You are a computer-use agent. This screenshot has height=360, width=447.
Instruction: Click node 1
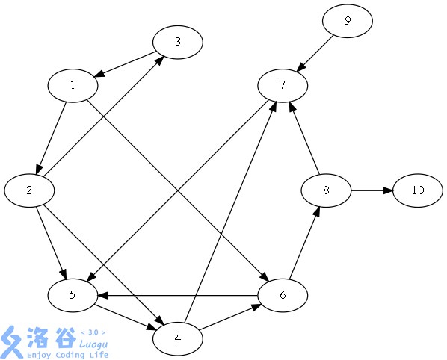tap(73, 85)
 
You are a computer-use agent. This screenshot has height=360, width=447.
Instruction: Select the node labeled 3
tap(178, 42)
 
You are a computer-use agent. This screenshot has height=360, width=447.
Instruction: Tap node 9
tap(348, 21)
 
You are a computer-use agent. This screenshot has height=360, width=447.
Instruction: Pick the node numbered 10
tap(418, 190)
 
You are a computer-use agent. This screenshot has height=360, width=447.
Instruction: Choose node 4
tap(178, 338)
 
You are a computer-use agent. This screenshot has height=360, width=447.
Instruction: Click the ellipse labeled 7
tap(283, 85)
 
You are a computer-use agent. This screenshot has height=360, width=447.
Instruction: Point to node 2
tap(29, 190)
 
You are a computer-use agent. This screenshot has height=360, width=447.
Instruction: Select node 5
tap(73, 295)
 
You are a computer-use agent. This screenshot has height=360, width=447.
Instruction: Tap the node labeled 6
tap(283, 295)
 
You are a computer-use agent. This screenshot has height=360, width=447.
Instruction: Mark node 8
tap(326, 190)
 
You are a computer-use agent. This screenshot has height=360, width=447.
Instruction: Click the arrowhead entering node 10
tap(388, 190)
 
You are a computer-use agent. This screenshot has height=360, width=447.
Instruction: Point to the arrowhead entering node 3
tap(160, 60)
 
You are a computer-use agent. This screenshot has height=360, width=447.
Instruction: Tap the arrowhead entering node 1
tap(99, 74)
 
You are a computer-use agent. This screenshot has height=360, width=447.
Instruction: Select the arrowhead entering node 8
tap(316, 211)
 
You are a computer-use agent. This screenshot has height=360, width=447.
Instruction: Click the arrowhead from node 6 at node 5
tap(103, 295)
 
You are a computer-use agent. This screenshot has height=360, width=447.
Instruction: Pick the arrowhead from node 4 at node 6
tap(256, 307)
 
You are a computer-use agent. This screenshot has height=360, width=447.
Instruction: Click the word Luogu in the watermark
tap(93, 344)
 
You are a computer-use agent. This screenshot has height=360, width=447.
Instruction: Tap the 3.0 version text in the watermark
tap(93, 332)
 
